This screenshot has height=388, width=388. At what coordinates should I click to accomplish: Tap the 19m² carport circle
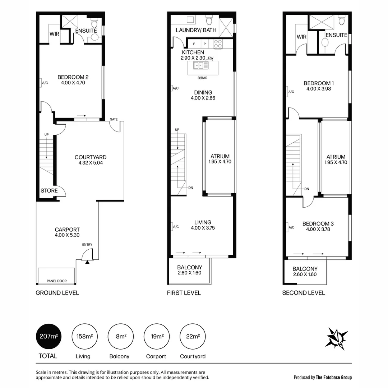click(156, 336)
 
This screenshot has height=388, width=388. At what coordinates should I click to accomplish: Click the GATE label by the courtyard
click(114, 119)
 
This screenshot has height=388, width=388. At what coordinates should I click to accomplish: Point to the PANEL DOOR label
click(56, 281)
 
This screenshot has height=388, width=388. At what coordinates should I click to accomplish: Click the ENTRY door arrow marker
click(87, 262)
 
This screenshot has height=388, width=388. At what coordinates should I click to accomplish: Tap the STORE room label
click(49, 191)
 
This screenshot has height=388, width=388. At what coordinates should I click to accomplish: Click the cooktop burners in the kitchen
click(218, 44)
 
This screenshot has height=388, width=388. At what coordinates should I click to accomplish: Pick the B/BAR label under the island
click(203, 78)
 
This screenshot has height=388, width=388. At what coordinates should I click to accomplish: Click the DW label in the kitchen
click(211, 58)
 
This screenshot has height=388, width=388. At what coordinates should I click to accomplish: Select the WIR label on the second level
click(301, 37)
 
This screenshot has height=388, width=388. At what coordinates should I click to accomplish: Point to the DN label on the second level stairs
click(306, 189)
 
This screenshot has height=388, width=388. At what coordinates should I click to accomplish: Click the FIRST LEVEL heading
click(184, 293)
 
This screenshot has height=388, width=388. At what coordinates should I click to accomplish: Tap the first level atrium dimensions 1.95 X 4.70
click(220, 162)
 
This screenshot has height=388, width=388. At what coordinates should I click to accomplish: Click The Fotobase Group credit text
click(333, 377)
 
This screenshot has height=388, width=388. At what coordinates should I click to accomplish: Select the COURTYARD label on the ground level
click(91, 157)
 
